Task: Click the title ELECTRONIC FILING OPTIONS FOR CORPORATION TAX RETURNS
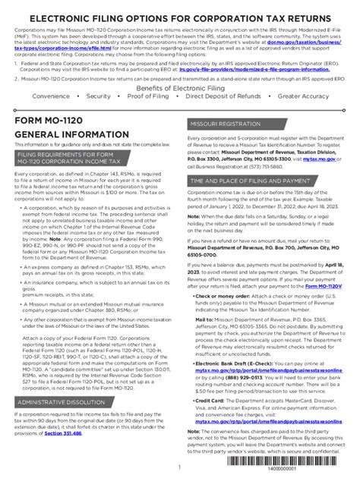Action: coord(180,16)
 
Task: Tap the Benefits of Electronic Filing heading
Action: coord(180,88)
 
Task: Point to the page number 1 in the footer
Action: coord(179,467)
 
